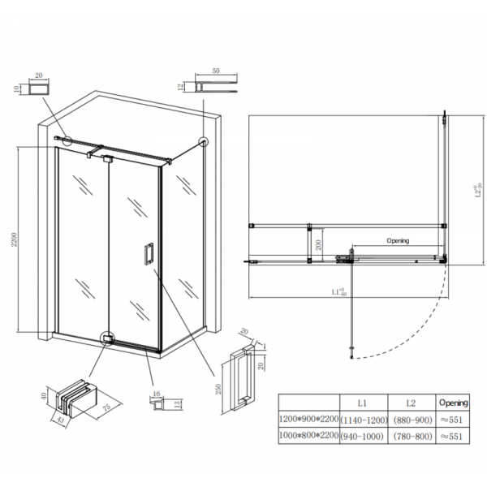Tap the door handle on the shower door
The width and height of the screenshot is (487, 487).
[149, 253]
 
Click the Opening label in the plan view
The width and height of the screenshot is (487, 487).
[397, 241]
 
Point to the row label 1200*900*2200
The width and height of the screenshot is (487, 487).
[308, 419]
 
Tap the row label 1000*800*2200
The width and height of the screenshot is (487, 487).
[308, 436]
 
